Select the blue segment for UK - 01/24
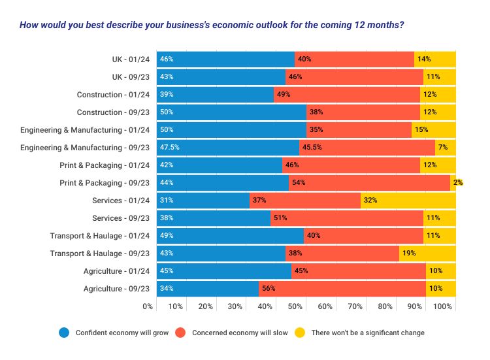(x=225, y=59)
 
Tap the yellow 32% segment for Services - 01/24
(x=408, y=200)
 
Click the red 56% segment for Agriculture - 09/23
(x=342, y=288)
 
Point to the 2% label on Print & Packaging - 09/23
(x=459, y=183)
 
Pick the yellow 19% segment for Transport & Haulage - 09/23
(x=427, y=253)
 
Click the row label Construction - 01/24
(x=113, y=95)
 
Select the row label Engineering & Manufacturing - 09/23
(x=85, y=148)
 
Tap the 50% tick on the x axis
(x=295, y=306)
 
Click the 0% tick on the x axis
(x=148, y=306)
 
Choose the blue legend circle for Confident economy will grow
(x=64, y=333)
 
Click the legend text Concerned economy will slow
(x=239, y=333)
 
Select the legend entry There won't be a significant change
(x=368, y=333)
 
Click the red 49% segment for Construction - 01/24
(x=346, y=94)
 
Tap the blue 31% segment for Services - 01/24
(x=203, y=200)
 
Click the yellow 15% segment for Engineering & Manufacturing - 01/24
(x=433, y=129)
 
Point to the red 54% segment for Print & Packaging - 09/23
(x=369, y=182)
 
